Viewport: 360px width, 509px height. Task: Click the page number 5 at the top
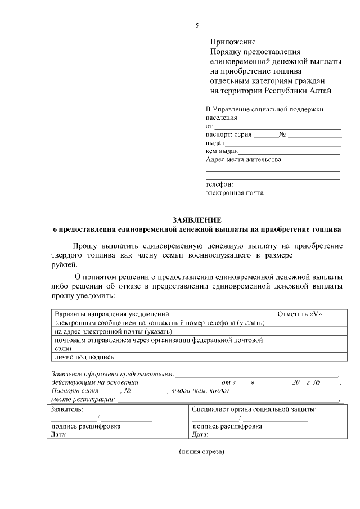pyautogui.click(x=197, y=25)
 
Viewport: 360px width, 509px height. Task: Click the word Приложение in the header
pyautogui.click(x=233, y=42)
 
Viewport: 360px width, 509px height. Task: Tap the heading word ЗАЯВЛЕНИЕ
pyautogui.click(x=197, y=220)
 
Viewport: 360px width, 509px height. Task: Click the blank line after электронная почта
pyautogui.click(x=301, y=195)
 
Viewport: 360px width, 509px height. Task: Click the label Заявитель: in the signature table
pyautogui.click(x=67, y=409)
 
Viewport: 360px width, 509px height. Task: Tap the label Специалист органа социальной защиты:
pyautogui.click(x=254, y=409)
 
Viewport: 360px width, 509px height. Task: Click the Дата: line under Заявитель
pyautogui.click(x=112, y=435)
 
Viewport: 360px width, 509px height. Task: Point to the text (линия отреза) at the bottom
pyautogui.click(x=201, y=452)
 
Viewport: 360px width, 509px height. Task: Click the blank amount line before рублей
pyautogui.click(x=319, y=257)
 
